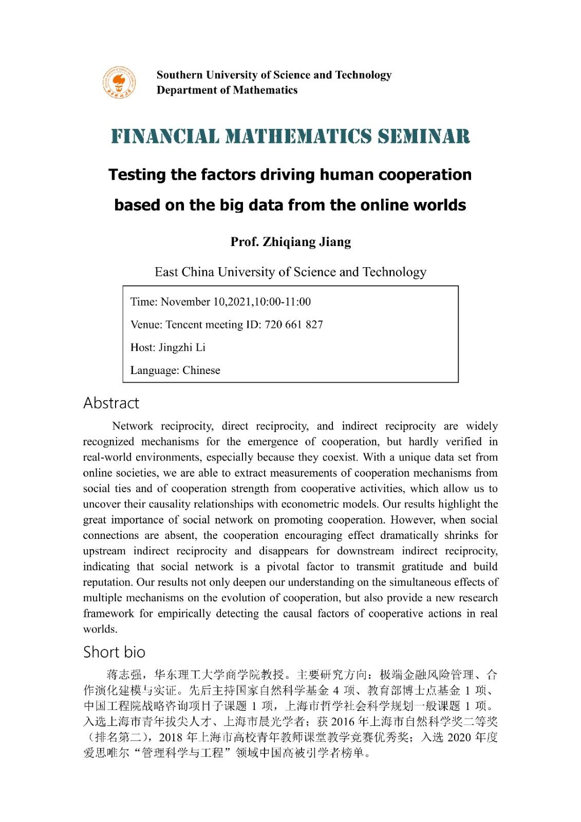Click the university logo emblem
point(119,82)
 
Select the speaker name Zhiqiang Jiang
point(307,242)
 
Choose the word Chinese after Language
point(201,370)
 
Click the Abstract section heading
point(111,403)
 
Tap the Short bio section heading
point(114,652)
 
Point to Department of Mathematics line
point(227,90)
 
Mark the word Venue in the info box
point(145,325)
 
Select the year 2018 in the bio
point(171,738)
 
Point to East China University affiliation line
point(290,272)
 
